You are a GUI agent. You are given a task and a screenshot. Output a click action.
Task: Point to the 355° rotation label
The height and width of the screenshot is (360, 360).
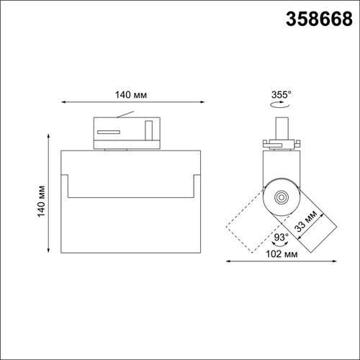pos(282,94)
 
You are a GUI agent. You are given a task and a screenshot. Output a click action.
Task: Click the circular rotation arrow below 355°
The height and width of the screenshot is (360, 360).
pos(282,105)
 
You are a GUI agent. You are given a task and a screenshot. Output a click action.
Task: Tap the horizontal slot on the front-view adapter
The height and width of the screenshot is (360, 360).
pos(109,132)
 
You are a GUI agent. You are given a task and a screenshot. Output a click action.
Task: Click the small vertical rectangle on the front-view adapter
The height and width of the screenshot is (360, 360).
pos(148,131)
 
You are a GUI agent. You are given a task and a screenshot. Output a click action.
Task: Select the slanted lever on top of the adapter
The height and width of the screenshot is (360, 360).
pos(127,113)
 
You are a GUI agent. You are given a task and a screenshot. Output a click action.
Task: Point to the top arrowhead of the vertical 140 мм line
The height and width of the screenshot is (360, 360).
pos(50,133)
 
